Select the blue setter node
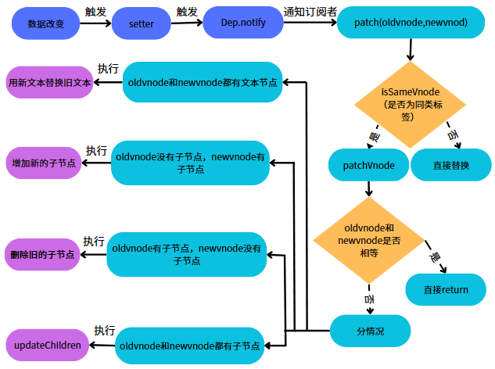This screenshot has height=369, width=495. [x=141, y=24]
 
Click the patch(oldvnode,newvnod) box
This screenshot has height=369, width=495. [x=411, y=23]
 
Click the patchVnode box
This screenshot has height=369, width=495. [x=368, y=165]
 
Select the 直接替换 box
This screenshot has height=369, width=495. [x=450, y=165]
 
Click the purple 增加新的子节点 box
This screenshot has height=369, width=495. [x=45, y=163]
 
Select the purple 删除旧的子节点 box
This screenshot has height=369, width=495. [x=44, y=254]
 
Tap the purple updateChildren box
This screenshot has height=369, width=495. [x=47, y=345]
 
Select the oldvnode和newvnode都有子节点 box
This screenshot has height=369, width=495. [x=190, y=344]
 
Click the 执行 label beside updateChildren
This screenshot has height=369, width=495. [x=105, y=330]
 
